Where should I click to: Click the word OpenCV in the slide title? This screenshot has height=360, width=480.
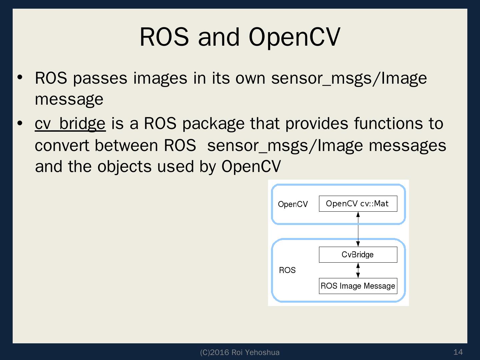tap(294, 37)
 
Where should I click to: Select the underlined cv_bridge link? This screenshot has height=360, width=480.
tap(70, 124)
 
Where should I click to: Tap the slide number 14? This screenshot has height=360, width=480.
tap(458, 352)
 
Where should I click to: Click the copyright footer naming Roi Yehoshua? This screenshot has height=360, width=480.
tap(240, 352)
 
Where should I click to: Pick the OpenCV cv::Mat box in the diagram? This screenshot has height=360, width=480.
tap(358, 204)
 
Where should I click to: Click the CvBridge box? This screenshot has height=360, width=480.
tap(358, 255)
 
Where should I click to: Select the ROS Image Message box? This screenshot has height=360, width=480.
tap(358, 286)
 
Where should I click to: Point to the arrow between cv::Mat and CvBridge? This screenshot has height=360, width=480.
tap(358, 229)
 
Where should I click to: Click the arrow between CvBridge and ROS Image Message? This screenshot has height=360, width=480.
tap(358, 270)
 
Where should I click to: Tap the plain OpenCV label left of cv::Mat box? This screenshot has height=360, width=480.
tap(293, 204)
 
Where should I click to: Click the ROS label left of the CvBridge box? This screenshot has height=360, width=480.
tap(287, 270)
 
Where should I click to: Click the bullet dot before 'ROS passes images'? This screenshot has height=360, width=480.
tap(20, 77)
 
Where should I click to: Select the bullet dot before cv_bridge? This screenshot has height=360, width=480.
tap(20, 123)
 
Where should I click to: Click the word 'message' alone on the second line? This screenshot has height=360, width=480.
tap(69, 99)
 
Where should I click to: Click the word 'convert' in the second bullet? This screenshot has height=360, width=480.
tap(63, 146)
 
